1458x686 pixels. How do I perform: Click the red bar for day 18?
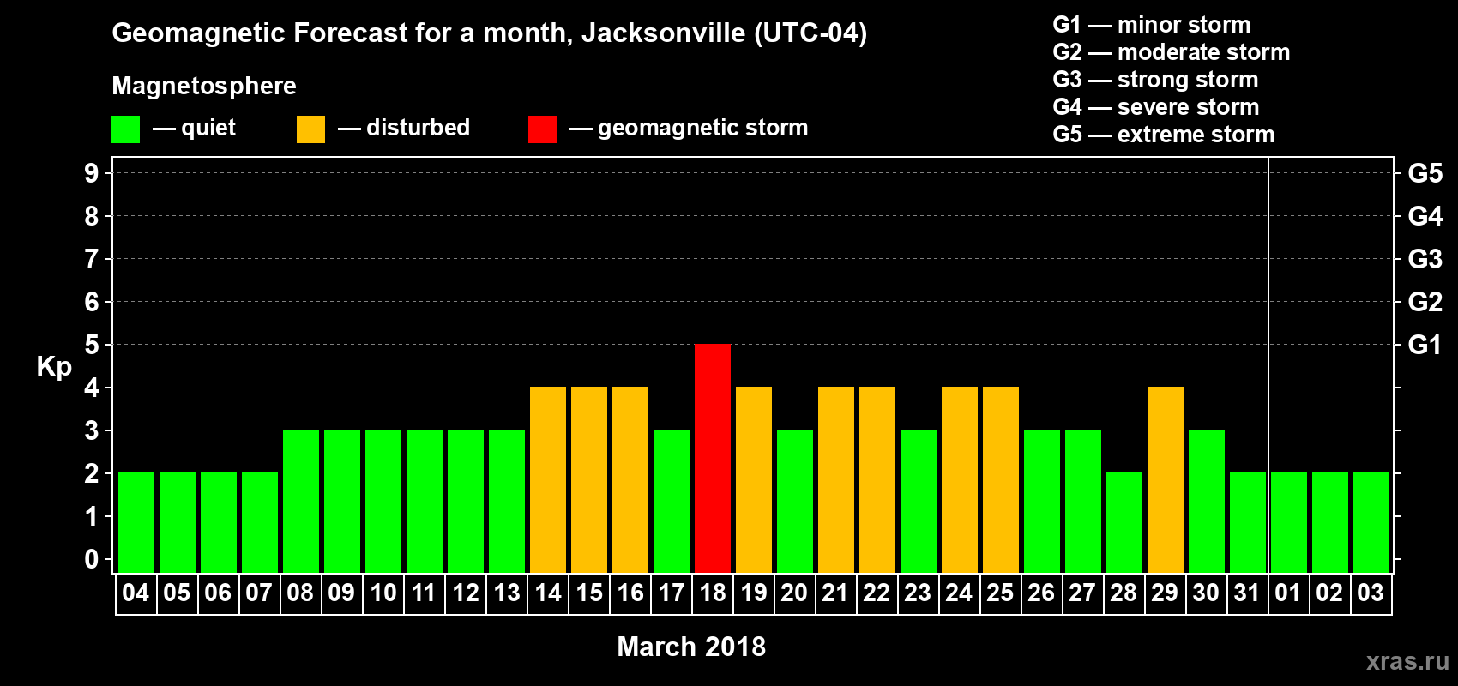point(713,458)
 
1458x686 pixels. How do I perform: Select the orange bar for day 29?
point(1166,479)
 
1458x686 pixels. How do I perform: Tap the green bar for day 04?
point(136,522)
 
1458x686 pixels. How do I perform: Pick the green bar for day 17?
point(672,501)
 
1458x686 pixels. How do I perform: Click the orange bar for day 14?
point(548,479)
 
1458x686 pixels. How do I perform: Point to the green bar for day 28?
point(1124,522)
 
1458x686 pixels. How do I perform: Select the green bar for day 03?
point(1371,522)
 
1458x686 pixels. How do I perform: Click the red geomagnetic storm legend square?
point(542,129)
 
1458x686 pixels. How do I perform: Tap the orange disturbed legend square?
point(310,129)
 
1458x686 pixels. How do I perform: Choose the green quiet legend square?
point(125,129)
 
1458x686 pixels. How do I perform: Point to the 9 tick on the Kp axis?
point(92,173)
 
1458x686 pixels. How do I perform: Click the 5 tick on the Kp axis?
point(92,345)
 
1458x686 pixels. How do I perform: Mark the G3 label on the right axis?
point(1425,259)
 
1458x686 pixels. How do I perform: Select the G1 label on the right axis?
point(1425,345)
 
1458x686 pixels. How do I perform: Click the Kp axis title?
point(54,367)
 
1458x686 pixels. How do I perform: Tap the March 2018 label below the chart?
point(691,647)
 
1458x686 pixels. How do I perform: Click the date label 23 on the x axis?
point(918,593)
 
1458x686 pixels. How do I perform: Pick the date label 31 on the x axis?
point(1247,593)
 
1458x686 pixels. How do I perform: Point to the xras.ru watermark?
point(1407,661)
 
